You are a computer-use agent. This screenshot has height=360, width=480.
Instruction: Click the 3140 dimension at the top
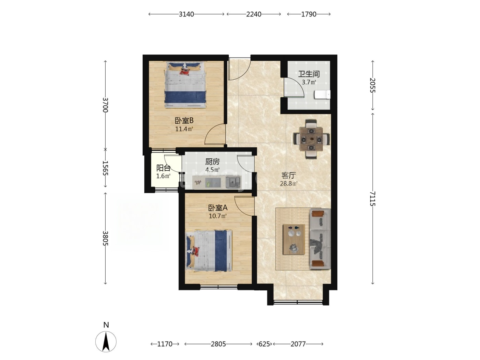click(x=186, y=14)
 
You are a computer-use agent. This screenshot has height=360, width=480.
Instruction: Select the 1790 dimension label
click(x=309, y=14)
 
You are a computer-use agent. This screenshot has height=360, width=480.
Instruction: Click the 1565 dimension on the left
click(x=105, y=168)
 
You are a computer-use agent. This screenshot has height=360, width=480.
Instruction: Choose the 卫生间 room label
click(x=309, y=74)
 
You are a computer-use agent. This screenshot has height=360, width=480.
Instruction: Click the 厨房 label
click(x=212, y=162)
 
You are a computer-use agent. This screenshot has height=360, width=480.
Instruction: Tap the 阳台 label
click(x=163, y=168)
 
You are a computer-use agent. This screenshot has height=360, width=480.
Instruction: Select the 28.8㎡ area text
click(x=289, y=184)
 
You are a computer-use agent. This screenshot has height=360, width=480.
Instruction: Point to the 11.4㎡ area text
click(x=184, y=129)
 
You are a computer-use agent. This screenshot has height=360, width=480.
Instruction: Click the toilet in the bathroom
click(x=322, y=95)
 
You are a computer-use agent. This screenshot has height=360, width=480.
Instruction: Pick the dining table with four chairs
click(x=311, y=139)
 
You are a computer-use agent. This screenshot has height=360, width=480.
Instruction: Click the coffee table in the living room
click(x=294, y=239)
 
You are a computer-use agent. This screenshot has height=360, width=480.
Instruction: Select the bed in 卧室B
click(x=185, y=85)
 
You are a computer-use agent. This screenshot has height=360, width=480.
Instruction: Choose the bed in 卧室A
click(x=208, y=251)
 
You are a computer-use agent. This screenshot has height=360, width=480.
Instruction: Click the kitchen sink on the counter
click(x=233, y=182)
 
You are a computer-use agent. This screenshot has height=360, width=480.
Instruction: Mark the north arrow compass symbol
click(x=106, y=341)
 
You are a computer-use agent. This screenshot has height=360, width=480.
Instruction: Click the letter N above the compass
click(x=106, y=325)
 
